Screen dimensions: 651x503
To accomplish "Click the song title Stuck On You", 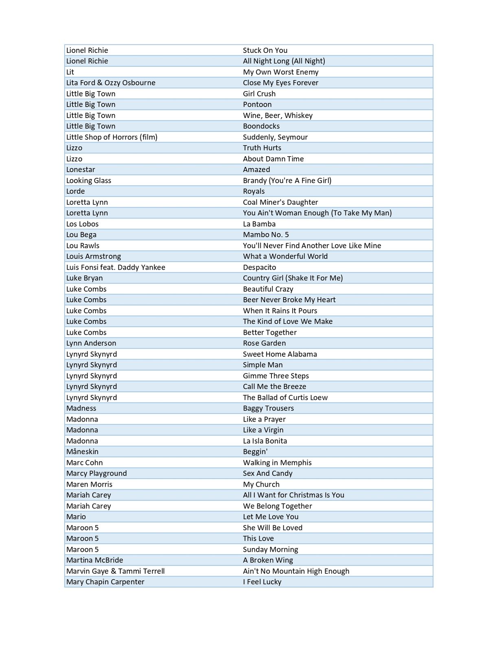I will (265, 50).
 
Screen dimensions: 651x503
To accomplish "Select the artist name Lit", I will (70, 72).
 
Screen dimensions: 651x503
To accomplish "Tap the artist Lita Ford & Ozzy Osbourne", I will (111, 83).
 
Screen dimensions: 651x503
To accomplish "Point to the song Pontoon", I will (257, 105).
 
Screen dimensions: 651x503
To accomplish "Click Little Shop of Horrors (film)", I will (112, 137).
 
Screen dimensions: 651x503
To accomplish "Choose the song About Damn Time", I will (273, 159).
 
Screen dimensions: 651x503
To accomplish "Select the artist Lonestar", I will (81, 170).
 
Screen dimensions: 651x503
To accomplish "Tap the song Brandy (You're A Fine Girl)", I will (287, 181).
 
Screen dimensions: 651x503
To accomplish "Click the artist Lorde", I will (76, 191).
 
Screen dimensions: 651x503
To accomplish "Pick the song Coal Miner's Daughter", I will (280, 202).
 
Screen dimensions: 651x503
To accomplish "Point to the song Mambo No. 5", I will (266, 235).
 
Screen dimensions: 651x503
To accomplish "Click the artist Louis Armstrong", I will (94, 256).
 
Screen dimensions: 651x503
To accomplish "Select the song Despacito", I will (259, 267).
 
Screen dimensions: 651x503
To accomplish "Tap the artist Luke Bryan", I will (85, 278).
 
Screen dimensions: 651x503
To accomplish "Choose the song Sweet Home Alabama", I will (280, 354).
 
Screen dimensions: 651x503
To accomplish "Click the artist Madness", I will (81, 408).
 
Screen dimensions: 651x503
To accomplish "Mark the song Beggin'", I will (255, 452).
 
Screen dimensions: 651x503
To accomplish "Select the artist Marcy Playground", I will (96, 473).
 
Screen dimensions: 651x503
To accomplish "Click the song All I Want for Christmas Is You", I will (293, 495).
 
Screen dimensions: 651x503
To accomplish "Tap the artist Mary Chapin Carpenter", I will (105, 582).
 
